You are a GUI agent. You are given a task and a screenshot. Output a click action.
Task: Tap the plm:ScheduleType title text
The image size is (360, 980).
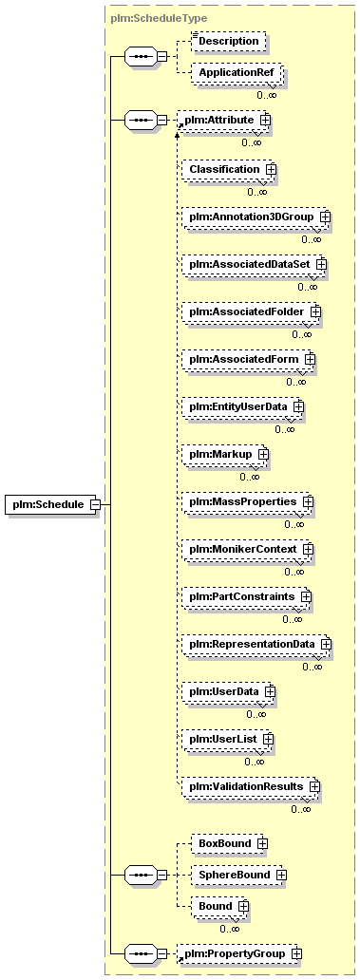(x=159, y=19)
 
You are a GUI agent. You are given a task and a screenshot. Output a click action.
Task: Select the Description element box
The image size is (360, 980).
(x=228, y=41)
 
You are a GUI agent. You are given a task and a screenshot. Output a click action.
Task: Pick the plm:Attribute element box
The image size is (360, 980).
(x=225, y=120)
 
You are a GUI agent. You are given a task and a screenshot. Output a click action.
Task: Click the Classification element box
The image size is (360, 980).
(x=229, y=169)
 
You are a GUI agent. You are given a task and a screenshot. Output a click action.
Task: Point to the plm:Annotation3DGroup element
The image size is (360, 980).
(x=256, y=217)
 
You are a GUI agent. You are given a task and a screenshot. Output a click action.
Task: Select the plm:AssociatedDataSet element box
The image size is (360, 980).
(x=255, y=264)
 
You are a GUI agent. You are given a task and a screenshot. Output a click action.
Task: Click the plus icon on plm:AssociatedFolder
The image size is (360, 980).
(x=315, y=311)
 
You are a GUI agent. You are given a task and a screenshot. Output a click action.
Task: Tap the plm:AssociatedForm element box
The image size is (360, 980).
(x=249, y=359)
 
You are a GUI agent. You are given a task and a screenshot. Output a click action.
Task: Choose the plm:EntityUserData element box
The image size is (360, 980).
(x=243, y=406)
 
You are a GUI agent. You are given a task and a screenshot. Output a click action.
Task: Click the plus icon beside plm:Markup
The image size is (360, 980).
(x=263, y=454)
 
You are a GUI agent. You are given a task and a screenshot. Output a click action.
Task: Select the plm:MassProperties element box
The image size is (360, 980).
(x=248, y=502)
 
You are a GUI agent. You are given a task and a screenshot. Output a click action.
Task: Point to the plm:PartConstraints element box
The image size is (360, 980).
(x=247, y=597)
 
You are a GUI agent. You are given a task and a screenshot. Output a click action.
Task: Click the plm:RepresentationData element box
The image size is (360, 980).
(x=256, y=644)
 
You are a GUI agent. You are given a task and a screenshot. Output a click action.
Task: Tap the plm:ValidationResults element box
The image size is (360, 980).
(x=251, y=785)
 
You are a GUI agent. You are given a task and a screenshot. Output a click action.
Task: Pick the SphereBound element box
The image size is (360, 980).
(x=238, y=875)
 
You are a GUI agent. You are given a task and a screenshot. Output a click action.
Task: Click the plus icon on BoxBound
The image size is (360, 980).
(x=263, y=844)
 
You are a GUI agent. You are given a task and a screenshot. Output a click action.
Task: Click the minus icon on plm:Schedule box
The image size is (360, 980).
(x=96, y=504)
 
